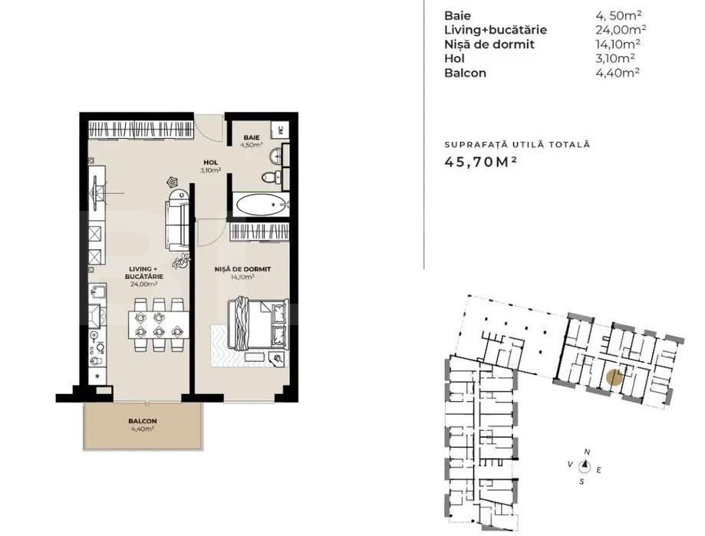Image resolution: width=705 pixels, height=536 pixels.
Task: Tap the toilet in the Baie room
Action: coord(268,177)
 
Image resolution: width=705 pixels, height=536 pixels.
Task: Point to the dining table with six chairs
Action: coord(158,322)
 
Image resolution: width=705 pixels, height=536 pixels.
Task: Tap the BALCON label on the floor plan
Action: coord(143,421)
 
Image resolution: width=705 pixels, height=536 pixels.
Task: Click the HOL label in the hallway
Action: coord(209,162)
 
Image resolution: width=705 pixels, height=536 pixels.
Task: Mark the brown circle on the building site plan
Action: coord(613,377)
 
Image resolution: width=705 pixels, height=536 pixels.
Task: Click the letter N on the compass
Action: coord(587,452)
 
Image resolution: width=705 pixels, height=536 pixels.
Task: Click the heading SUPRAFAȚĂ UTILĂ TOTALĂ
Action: coord(517,144)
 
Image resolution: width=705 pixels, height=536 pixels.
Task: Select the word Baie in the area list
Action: coord(457,15)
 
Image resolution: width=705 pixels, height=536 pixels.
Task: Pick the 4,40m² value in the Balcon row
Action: coord(618,73)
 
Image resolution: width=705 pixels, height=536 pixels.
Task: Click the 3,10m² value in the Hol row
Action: coord(618,58)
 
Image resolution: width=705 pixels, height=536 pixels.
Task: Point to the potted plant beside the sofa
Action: coord(181,262)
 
